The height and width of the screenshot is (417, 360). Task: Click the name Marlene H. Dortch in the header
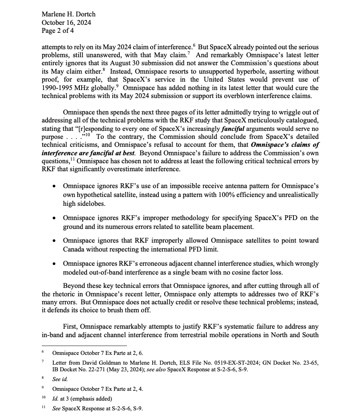[x=68, y=14]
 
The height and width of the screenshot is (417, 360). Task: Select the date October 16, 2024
[x=66, y=23]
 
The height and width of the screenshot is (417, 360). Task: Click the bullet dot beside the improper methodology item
[x=54, y=218]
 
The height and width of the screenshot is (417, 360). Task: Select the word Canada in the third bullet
[x=75, y=248]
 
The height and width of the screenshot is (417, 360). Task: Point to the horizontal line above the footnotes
[x=84, y=345]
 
